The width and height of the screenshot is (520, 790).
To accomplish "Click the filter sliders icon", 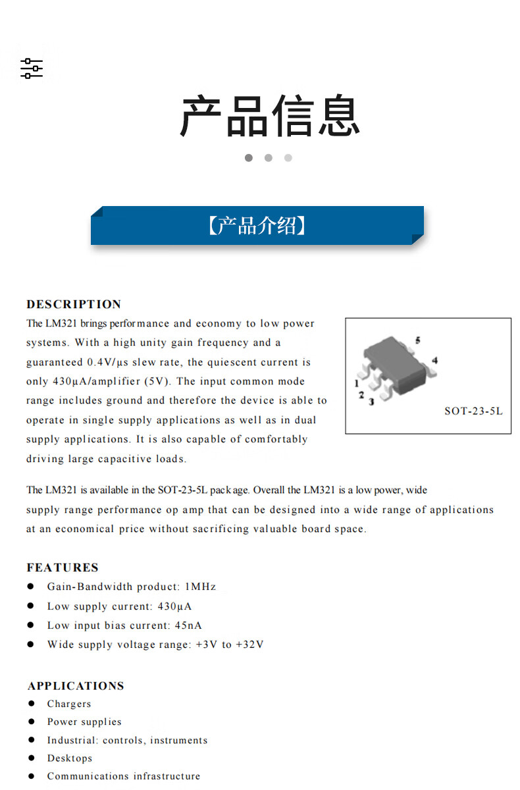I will click(x=31, y=68).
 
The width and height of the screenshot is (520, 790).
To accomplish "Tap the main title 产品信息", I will click(x=270, y=117).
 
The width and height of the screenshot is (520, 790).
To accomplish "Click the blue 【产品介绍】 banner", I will click(x=257, y=226).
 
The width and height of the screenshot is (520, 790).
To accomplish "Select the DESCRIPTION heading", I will click(x=74, y=304).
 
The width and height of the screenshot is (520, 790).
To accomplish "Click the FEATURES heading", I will click(x=63, y=567).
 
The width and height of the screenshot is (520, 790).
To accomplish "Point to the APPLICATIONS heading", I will click(x=76, y=685).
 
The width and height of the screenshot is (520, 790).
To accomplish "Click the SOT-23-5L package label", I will click(x=473, y=411).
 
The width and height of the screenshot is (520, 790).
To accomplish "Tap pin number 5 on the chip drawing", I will click(x=417, y=340).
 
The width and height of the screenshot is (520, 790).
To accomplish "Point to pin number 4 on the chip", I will click(x=434, y=360).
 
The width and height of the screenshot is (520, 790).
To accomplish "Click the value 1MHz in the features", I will click(x=200, y=587).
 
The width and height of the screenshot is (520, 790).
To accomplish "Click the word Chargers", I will click(x=69, y=704).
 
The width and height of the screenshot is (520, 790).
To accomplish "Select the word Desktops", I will click(x=70, y=758).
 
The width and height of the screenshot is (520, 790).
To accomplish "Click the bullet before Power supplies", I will click(x=31, y=722).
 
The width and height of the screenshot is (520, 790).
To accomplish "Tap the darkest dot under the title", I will click(x=249, y=158).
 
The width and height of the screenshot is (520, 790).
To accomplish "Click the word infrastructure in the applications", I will click(x=167, y=776).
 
